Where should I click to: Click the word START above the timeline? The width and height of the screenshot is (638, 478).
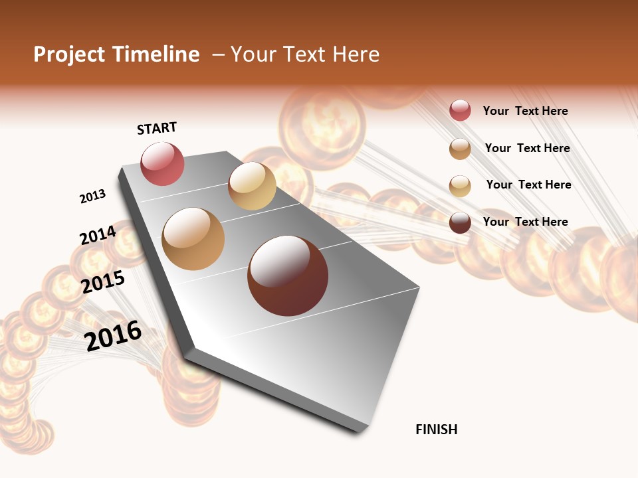pyautogui.click(x=157, y=128)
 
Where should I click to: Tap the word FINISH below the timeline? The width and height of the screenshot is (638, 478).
pyautogui.click(x=437, y=430)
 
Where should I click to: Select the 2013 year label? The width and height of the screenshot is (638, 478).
pyautogui.click(x=93, y=197)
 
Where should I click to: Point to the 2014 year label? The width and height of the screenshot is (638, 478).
pyautogui.click(x=98, y=236)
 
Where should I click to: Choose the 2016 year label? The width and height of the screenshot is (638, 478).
pyautogui.click(x=114, y=335)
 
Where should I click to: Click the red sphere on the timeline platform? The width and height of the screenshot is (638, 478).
pyautogui.click(x=162, y=164)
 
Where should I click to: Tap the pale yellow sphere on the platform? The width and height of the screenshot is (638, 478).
pyautogui.click(x=252, y=186)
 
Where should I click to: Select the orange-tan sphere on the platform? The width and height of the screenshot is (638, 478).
pyautogui.click(x=193, y=239)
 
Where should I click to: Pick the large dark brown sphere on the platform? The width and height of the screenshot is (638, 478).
pyautogui.click(x=288, y=276)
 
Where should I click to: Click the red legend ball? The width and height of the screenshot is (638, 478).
pyautogui.click(x=460, y=111)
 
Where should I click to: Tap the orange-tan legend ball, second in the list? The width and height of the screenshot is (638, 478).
pyautogui.click(x=460, y=149)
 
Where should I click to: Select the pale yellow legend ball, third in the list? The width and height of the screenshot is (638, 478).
pyautogui.click(x=460, y=186)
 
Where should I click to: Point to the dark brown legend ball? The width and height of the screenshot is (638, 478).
pyautogui.click(x=460, y=222)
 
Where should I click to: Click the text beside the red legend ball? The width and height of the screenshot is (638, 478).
pyautogui.click(x=525, y=111)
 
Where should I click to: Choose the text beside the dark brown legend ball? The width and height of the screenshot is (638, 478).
pyautogui.click(x=525, y=222)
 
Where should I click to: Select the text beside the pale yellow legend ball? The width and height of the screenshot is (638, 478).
pyautogui.click(x=528, y=185)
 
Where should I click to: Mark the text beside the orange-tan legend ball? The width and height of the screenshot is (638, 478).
pyautogui.click(x=527, y=148)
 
